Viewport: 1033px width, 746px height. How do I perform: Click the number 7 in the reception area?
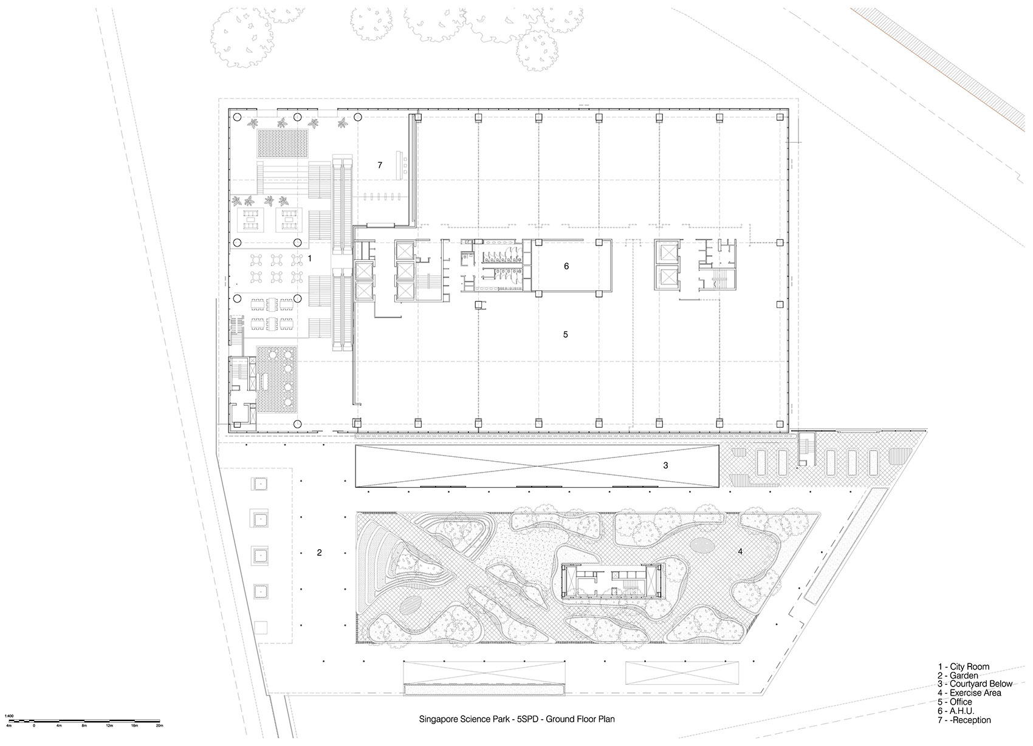point(380,165)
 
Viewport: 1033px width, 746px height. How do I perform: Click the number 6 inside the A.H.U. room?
point(566,266)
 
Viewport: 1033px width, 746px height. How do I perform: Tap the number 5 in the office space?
point(566,335)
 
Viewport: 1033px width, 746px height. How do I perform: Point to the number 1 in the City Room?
point(310,258)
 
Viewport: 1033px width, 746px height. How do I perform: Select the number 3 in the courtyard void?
point(665,465)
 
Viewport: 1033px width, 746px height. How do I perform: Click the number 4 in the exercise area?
point(740,552)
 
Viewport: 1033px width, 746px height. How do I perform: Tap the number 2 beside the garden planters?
point(319,553)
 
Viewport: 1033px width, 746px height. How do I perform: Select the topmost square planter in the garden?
point(259,484)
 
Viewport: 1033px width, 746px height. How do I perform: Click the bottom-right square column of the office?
point(779,423)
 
